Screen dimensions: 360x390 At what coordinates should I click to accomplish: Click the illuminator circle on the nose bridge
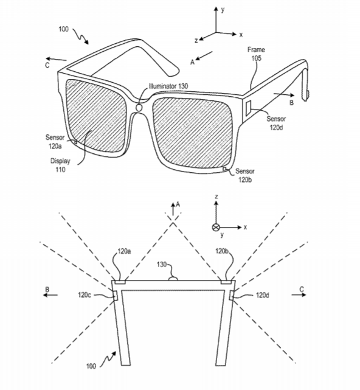click(139, 108)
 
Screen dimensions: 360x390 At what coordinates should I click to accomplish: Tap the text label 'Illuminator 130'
click(168, 86)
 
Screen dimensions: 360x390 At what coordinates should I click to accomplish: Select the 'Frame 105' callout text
click(256, 54)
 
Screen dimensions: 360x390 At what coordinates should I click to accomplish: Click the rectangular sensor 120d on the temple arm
click(248, 108)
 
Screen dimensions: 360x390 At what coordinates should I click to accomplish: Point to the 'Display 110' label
click(60, 165)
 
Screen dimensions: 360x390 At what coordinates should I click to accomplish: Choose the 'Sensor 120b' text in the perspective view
click(245, 175)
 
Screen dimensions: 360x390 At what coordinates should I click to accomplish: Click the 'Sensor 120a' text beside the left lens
click(55, 142)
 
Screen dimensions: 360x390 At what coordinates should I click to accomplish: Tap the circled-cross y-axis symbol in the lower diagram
click(215, 228)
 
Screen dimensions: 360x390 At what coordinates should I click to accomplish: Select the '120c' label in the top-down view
click(85, 295)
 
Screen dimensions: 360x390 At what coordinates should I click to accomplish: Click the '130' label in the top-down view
click(162, 264)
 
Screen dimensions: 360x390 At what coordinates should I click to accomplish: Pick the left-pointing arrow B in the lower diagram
click(50, 295)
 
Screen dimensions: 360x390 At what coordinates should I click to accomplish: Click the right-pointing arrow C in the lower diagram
click(299, 294)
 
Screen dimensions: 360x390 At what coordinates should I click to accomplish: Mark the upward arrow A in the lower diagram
click(173, 209)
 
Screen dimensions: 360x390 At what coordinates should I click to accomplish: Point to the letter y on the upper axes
click(223, 10)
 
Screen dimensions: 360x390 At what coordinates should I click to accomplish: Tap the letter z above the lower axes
click(216, 197)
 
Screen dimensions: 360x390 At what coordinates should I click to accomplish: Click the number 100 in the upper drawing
click(63, 29)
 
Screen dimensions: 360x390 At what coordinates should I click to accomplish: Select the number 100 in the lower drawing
click(91, 366)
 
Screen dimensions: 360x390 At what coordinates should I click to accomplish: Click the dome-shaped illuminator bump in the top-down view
click(173, 279)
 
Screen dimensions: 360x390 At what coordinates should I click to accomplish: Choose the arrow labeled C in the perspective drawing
click(56, 59)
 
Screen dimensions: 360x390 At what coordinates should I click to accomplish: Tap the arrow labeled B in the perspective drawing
click(284, 94)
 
